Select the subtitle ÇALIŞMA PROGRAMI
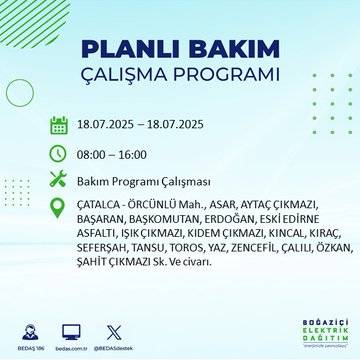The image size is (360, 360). point(179,75)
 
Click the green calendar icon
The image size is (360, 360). point(59,125)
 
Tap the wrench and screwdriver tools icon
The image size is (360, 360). point(59,181)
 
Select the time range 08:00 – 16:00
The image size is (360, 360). point(113,154)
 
